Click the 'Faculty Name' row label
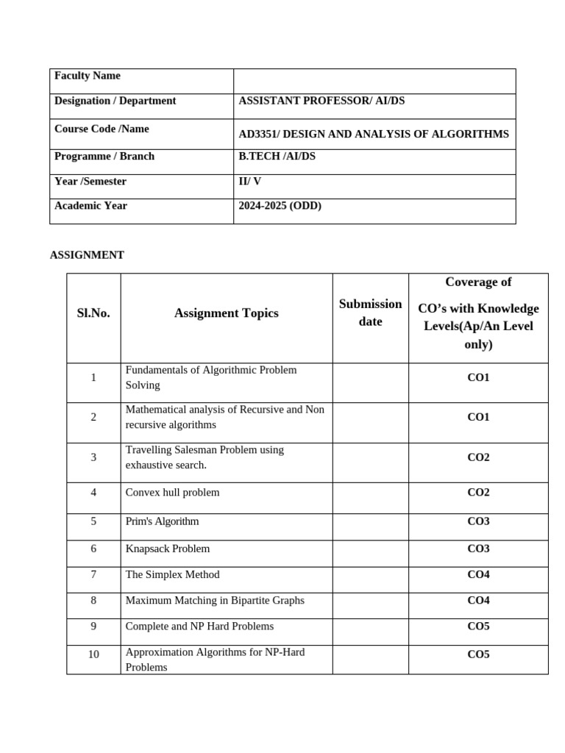(88, 76)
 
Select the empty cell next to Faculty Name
(374, 81)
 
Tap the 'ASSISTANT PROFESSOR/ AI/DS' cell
(321, 101)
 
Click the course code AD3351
(258, 135)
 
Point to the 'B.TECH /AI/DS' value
(277, 157)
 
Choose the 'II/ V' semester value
(249, 182)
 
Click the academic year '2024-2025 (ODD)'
(280, 206)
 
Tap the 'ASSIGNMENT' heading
(87, 255)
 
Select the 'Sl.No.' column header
(93, 313)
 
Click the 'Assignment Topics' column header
(226, 313)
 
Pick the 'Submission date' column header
(370, 313)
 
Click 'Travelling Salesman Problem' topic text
(205, 450)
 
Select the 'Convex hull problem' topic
(172, 493)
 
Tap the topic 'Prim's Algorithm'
(162, 521)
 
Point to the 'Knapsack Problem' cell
(167, 549)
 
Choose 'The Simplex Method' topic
(172, 574)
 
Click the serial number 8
(93, 601)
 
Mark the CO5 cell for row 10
(478, 654)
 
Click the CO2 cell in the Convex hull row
(478, 493)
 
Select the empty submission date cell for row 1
(370, 382)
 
